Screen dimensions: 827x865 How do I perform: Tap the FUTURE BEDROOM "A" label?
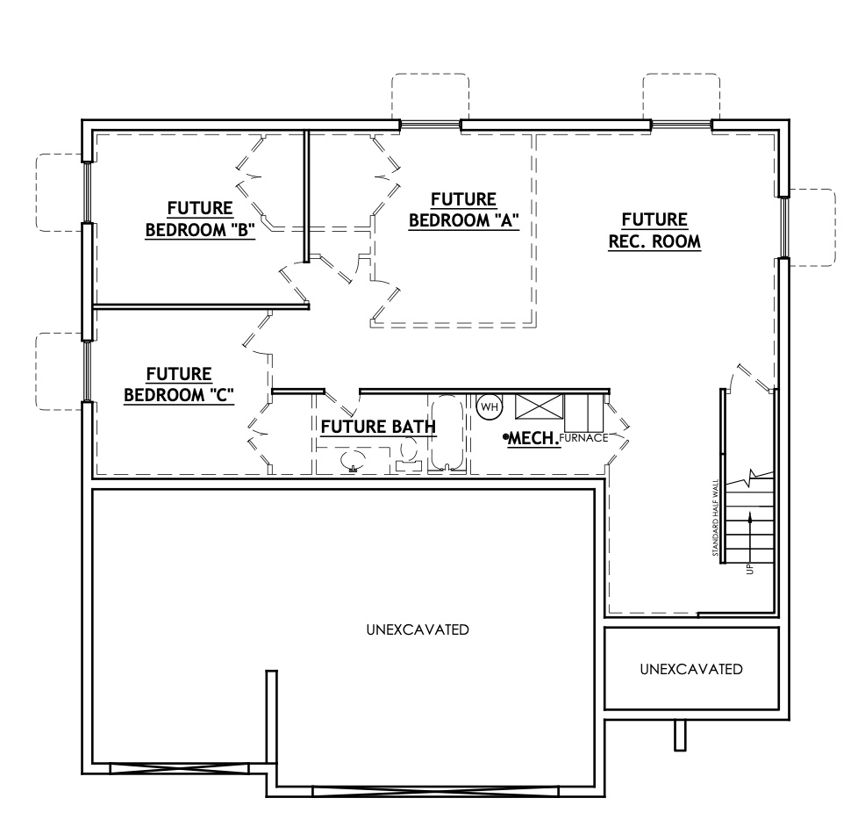[x=463, y=211]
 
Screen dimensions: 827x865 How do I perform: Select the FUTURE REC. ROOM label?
[x=654, y=230]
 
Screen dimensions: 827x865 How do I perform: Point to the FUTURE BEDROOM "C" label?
[x=178, y=385]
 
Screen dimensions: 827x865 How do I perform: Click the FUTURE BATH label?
[x=377, y=428]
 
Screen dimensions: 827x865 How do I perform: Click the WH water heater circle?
[x=488, y=406]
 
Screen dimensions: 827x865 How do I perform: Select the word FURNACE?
[x=583, y=437]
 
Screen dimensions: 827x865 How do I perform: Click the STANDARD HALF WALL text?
[x=717, y=518]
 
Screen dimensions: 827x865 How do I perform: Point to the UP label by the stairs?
[x=748, y=568]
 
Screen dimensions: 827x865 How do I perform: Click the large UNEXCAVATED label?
[x=417, y=629]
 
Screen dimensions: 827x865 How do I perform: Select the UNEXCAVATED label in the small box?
[x=691, y=669]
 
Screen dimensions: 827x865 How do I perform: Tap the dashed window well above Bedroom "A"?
[x=430, y=97]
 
